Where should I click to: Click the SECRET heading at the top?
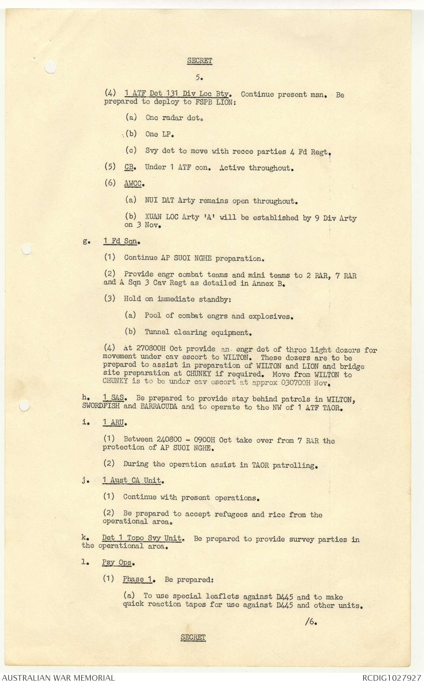199,61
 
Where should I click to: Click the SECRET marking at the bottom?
193,637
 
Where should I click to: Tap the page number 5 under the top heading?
199,78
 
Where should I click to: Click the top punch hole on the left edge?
50,67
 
